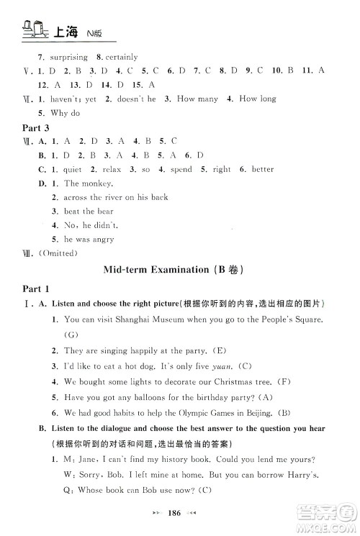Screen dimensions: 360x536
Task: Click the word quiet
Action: pos(73,169)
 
